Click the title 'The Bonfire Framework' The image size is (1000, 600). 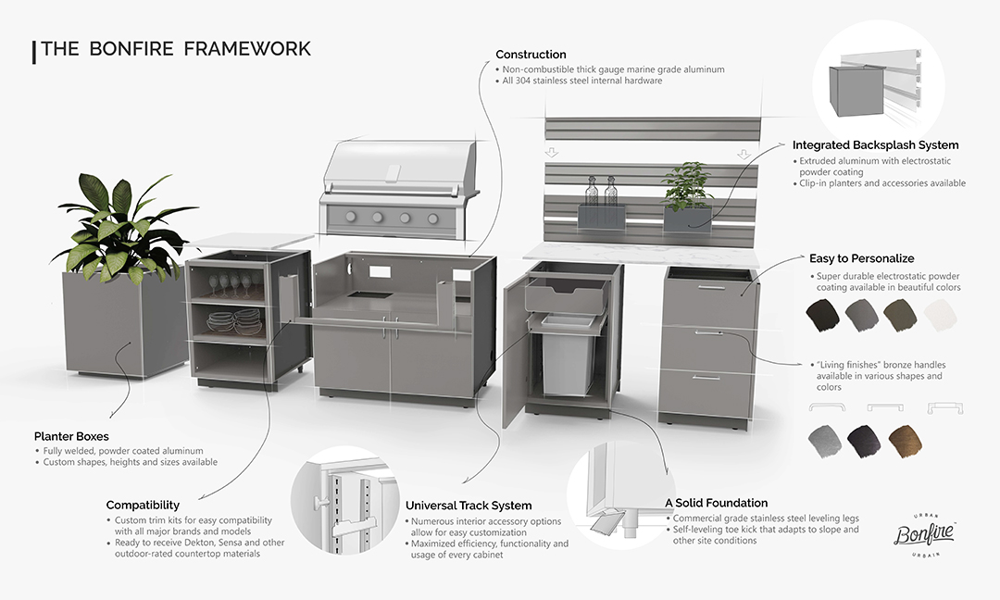pyautogui.click(x=175, y=49)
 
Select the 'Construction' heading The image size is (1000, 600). pyautogui.click(x=531, y=55)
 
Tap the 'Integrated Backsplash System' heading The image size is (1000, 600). pyautogui.click(x=875, y=145)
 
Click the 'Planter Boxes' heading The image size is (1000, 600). pyautogui.click(x=71, y=437)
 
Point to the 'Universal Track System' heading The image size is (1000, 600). pyautogui.click(x=469, y=506)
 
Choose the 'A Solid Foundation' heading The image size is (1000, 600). pyautogui.click(x=716, y=503)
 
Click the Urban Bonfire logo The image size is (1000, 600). pyautogui.click(x=925, y=534)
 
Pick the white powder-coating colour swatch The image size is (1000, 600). pyautogui.click(x=940, y=315)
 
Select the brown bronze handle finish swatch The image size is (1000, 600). pyautogui.click(x=905, y=442)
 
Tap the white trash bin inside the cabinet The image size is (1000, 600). pyautogui.click(x=569, y=362)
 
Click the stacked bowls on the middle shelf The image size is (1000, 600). pyautogui.click(x=234, y=322)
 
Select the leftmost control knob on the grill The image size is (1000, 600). pyautogui.click(x=351, y=217)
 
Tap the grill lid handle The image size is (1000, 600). pyautogui.click(x=394, y=173)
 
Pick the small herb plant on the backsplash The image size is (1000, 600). pyautogui.click(x=686, y=185)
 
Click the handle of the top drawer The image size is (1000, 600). pyautogui.click(x=712, y=288)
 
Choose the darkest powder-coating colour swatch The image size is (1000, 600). pyautogui.click(x=823, y=315)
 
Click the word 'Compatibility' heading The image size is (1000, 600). pyautogui.click(x=143, y=505)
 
